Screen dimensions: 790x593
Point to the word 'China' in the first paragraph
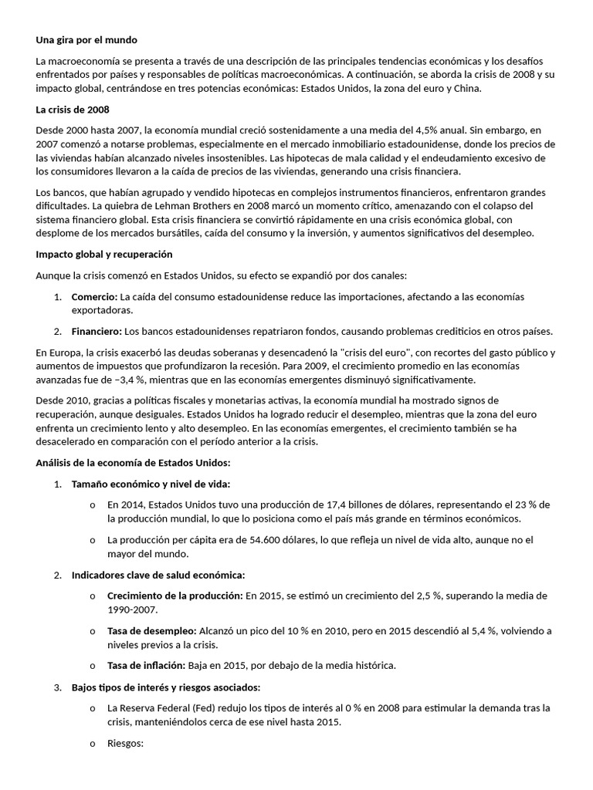coord(463,89)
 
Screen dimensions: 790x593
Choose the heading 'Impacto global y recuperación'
coord(104,254)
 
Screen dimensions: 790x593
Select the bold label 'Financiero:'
coord(97,331)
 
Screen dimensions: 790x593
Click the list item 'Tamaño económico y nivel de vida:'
coord(151,484)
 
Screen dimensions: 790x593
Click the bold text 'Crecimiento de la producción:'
coord(175,596)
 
